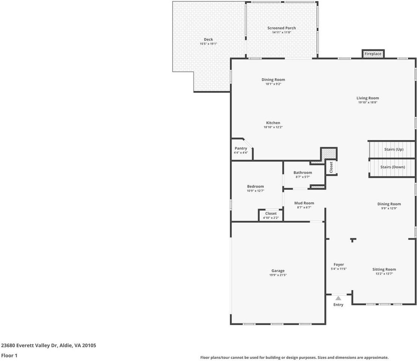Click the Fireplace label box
tap(373, 54)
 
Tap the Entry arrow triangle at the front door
tap(338, 298)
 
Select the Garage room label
tap(278, 271)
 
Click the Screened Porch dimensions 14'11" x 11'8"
tap(281, 32)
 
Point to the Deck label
tap(208, 39)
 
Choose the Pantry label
tap(241, 149)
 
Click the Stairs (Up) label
tap(394, 149)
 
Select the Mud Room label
tap(304, 203)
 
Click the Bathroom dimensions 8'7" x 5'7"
tap(303, 177)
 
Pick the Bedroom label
tap(255, 187)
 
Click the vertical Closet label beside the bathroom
tap(331, 168)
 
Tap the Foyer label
tap(338, 265)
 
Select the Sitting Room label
tap(384, 269)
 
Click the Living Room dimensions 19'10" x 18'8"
tap(367, 103)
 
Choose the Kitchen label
tap(273, 123)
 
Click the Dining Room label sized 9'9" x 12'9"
tap(389, 204)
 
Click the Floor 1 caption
tap(9, 355)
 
